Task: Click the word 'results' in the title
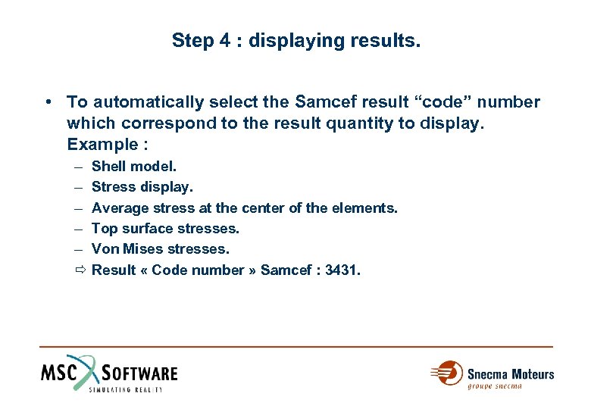tap(385, 39)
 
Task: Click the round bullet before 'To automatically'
tap(48, 101)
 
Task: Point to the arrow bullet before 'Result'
tap(80, 270)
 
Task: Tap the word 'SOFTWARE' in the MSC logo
tap(139, 373)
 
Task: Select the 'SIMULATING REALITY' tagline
tap(126, 389)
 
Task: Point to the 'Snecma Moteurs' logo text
tap(510, 374)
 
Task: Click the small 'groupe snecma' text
tap(494, 386)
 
